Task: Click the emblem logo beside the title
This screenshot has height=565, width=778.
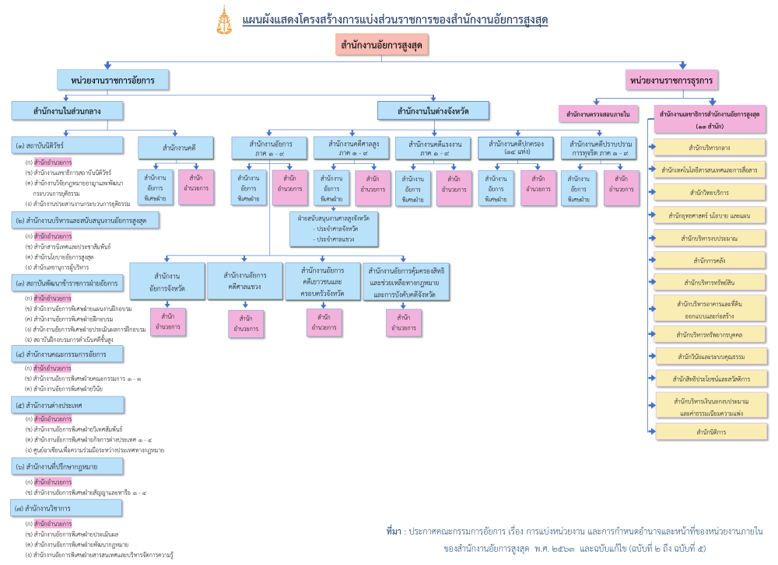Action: point(223,20)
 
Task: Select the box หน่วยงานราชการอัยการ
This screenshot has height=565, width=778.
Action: point(113,79)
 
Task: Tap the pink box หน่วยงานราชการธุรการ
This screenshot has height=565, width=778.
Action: point(672,79)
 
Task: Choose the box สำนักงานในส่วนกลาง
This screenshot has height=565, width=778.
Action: point(68,111)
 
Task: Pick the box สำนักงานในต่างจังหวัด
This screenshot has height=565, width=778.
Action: point(433,111)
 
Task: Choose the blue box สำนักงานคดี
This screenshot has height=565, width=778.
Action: point(179,148)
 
